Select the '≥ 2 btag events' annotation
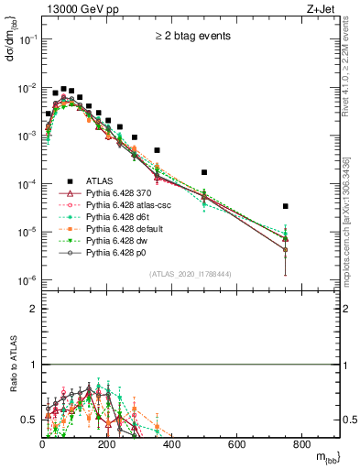tap(191, 38)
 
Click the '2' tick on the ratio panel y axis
tap(34, 309)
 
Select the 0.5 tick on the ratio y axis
tap(30, 420)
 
